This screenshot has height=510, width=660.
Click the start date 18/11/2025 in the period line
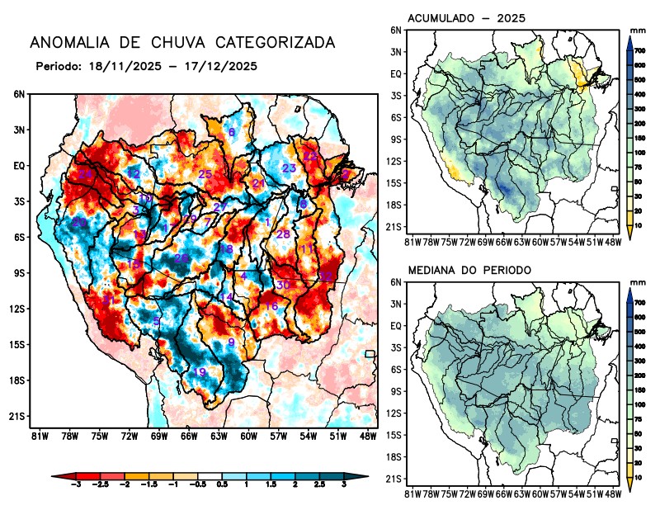tap(117, 65)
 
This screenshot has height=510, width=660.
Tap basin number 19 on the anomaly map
tap(199, 373)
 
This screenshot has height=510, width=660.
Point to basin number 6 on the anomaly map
tap(232, 133)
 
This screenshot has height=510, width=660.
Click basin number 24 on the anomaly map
tap(86, 174)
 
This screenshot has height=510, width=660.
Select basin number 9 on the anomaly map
tap(232, 342)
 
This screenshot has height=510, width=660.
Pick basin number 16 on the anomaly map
tap(271, 306)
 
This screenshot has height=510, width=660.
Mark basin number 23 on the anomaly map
tap(289, 168)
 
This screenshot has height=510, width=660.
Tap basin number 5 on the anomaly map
tap(157, 321)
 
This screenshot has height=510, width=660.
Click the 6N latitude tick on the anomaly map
tap(19, 95)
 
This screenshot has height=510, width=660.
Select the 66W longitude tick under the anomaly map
tap(188, 436)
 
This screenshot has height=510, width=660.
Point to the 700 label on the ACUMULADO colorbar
tap(639, 51)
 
